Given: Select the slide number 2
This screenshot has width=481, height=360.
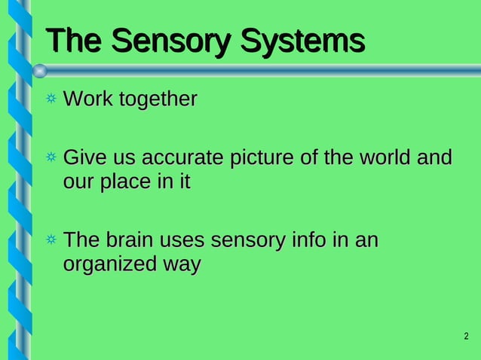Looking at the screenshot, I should (x=466, y=336).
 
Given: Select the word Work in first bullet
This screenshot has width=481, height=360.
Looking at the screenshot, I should (x=85, y=99).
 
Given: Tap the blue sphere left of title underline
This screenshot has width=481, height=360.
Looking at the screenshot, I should (x=40, y=71).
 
